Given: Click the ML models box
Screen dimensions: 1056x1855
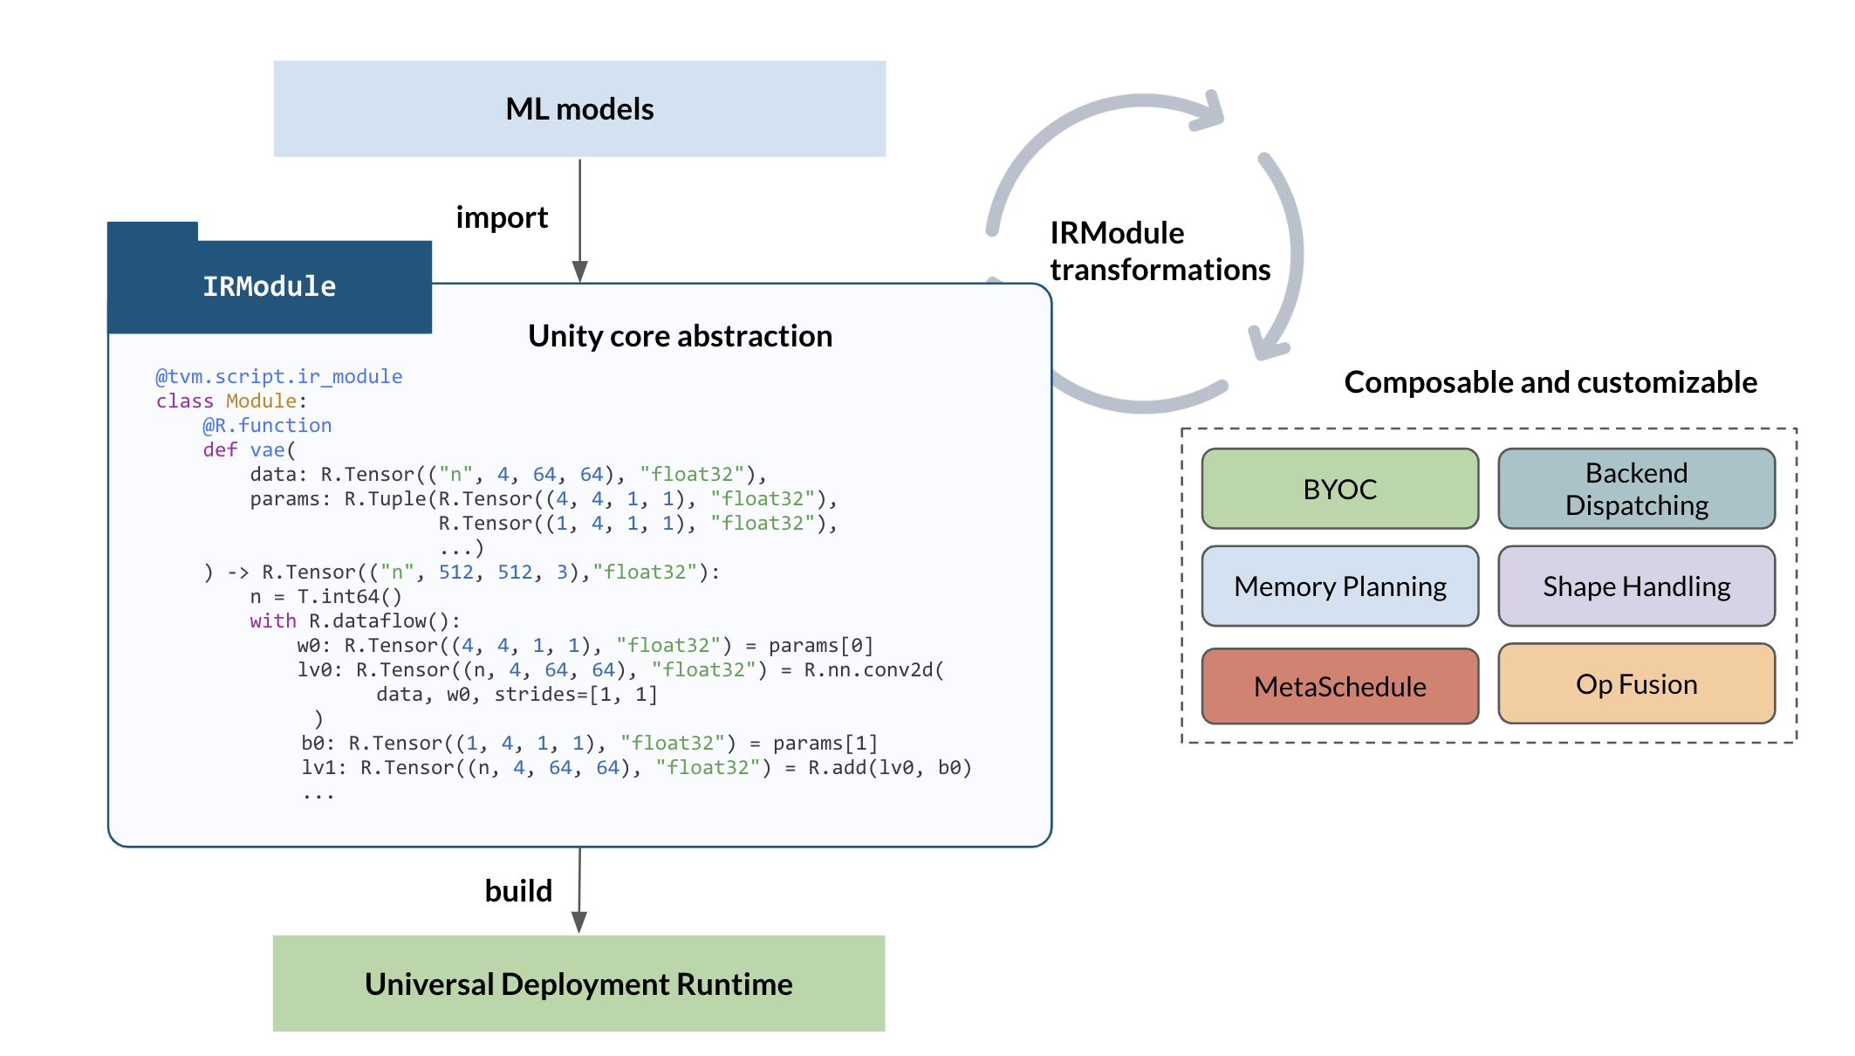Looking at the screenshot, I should tap(579, 109).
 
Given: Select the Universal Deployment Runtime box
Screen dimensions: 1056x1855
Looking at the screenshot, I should tap(578, 984).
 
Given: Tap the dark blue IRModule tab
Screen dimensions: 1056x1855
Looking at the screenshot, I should tap(270, 286).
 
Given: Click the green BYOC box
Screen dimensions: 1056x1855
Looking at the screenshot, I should tap(1339, 489).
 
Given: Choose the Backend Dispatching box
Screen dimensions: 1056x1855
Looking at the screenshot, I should tap(1636, 489).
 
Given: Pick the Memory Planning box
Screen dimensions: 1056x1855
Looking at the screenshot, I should tap(1339, 586).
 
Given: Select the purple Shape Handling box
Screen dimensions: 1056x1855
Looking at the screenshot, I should tap(1636, 586).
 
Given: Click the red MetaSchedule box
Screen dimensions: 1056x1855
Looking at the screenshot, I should tap(1339, 686).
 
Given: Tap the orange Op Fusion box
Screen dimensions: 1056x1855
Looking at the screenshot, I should tap(1636, 684).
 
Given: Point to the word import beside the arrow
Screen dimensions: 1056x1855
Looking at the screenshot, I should tap(502, 217).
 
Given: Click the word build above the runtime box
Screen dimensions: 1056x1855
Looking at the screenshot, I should tap(518, 891).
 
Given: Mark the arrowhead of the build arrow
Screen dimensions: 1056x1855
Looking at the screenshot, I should tap(578, 922).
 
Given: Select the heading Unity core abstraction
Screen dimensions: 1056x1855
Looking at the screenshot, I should tap(680, 336).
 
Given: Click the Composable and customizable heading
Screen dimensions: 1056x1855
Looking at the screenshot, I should tap(1550, 382).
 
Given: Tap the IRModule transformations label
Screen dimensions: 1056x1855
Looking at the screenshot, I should tap(1159, 251).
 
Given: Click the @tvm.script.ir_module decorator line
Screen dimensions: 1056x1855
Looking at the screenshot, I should tap(278, 376).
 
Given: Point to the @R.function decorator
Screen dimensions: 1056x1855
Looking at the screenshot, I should tap(267, 425).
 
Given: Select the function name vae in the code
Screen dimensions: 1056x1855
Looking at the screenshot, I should tap(268, 449).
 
